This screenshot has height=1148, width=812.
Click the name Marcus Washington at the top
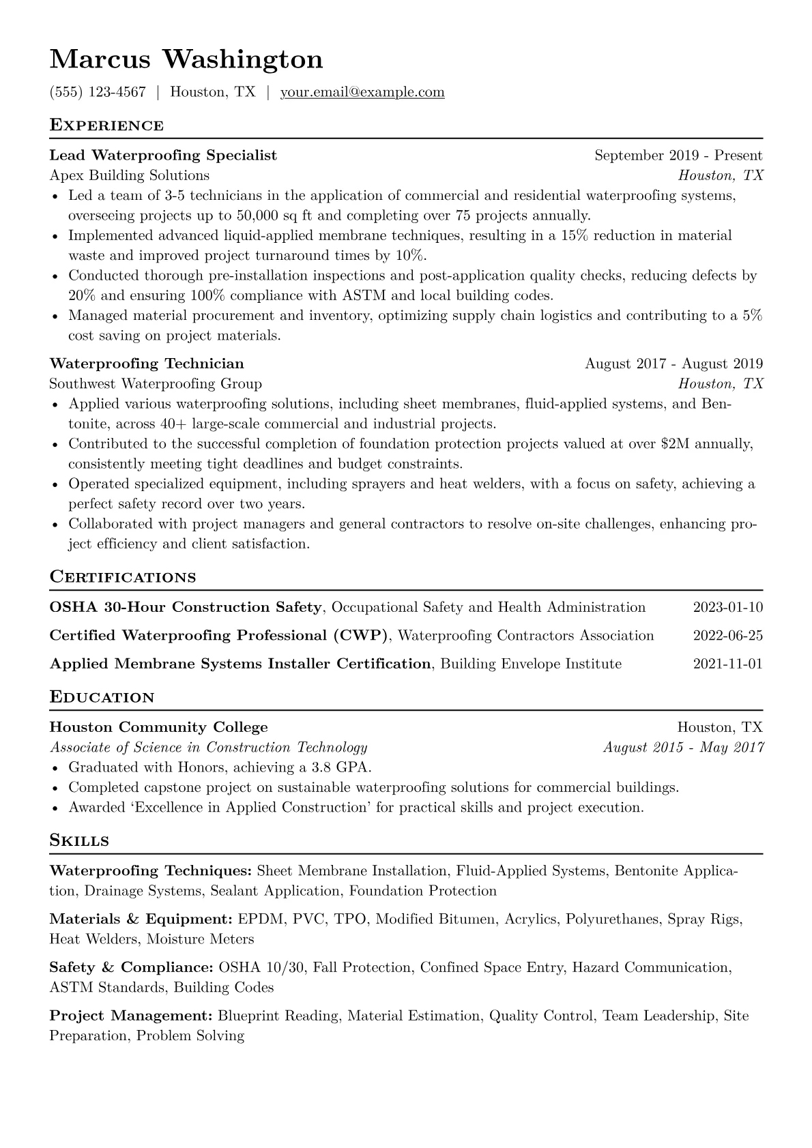point(186,59)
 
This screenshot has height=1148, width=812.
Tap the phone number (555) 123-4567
point(98,92)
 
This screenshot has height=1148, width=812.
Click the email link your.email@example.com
point(362,92)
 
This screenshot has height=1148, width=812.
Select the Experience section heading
point(106,126)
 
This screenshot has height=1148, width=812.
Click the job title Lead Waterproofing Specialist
point(163,156)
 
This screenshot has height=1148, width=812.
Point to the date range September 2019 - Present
point(678,156)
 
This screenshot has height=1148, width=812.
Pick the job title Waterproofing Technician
point(147,364)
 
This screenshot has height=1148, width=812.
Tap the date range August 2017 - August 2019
point(673,364)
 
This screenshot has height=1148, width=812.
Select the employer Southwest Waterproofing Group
point(156,384)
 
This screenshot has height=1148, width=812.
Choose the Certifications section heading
point(123,578)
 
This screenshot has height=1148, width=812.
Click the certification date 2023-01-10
point(727,608)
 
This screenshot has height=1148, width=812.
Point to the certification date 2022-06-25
point(727,636)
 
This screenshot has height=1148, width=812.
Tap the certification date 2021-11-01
point(727,664)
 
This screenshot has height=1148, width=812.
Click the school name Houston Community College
point(159,727)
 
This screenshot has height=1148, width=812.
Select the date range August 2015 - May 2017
point(683,748)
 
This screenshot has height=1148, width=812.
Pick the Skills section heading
point(79,841)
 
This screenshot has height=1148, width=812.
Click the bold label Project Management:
point(131,1016)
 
